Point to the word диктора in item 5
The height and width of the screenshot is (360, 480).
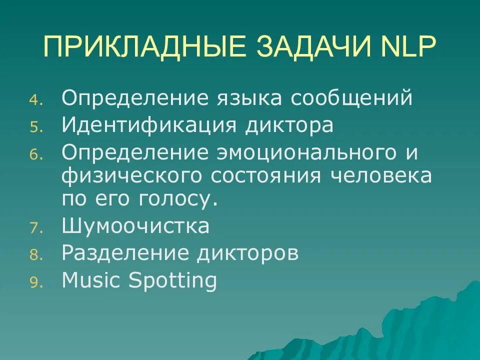tap(289, 125)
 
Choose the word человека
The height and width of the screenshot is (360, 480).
tap(381, 175)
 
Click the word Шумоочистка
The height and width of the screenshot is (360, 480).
tap(135, 226)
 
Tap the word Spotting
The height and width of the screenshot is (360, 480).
tap(173, 281)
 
